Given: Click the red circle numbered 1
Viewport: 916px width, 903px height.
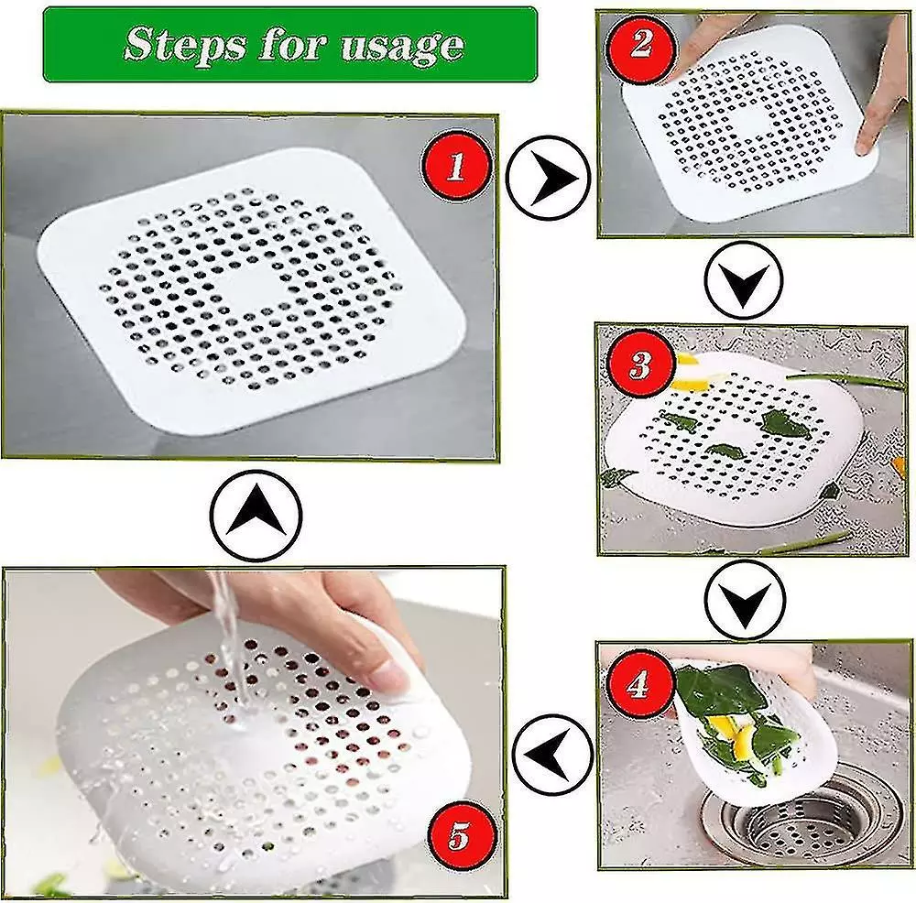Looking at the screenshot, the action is tap(455, 167).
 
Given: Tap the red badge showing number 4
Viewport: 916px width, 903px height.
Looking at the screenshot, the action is tap(639, 683).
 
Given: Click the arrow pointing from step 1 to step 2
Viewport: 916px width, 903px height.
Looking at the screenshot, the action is tap(549, 178).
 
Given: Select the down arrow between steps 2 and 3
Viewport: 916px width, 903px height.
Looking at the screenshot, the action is tap(743, 279).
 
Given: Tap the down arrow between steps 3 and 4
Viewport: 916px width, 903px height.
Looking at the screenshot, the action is tap(744, 600).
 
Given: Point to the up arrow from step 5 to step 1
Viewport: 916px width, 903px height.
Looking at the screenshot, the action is tap(256, 515).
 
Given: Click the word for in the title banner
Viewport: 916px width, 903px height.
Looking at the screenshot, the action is tap(293, 44).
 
